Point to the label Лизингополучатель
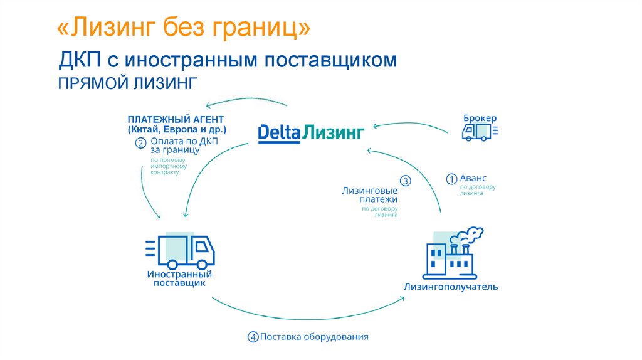pos(451,287)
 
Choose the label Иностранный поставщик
pos(179,279)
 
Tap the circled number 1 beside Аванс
pos(451,179)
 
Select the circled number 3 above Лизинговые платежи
pos(405,181)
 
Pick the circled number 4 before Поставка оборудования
pos(253,337)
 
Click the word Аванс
pos(473,178)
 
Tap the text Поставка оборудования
pos(314,337)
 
